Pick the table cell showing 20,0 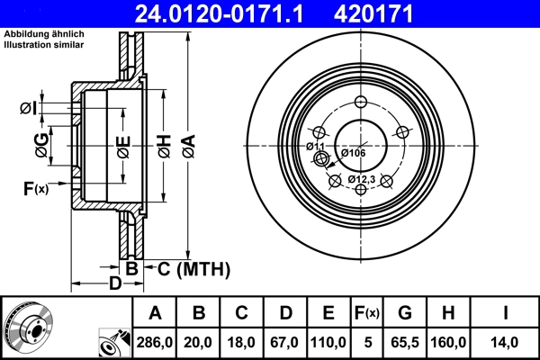(x=199, y=342)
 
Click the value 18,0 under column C (x=242, y=342)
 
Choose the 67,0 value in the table (x=285, y=342)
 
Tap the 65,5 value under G (x=406, y=342)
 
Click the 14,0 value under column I (x=506, y=342)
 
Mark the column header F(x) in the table (x=367, y=313)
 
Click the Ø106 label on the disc (x=352, y=153)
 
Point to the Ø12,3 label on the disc (x=361, y=180)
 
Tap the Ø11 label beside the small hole (x=315, y=146)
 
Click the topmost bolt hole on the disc (x=363, y=102)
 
